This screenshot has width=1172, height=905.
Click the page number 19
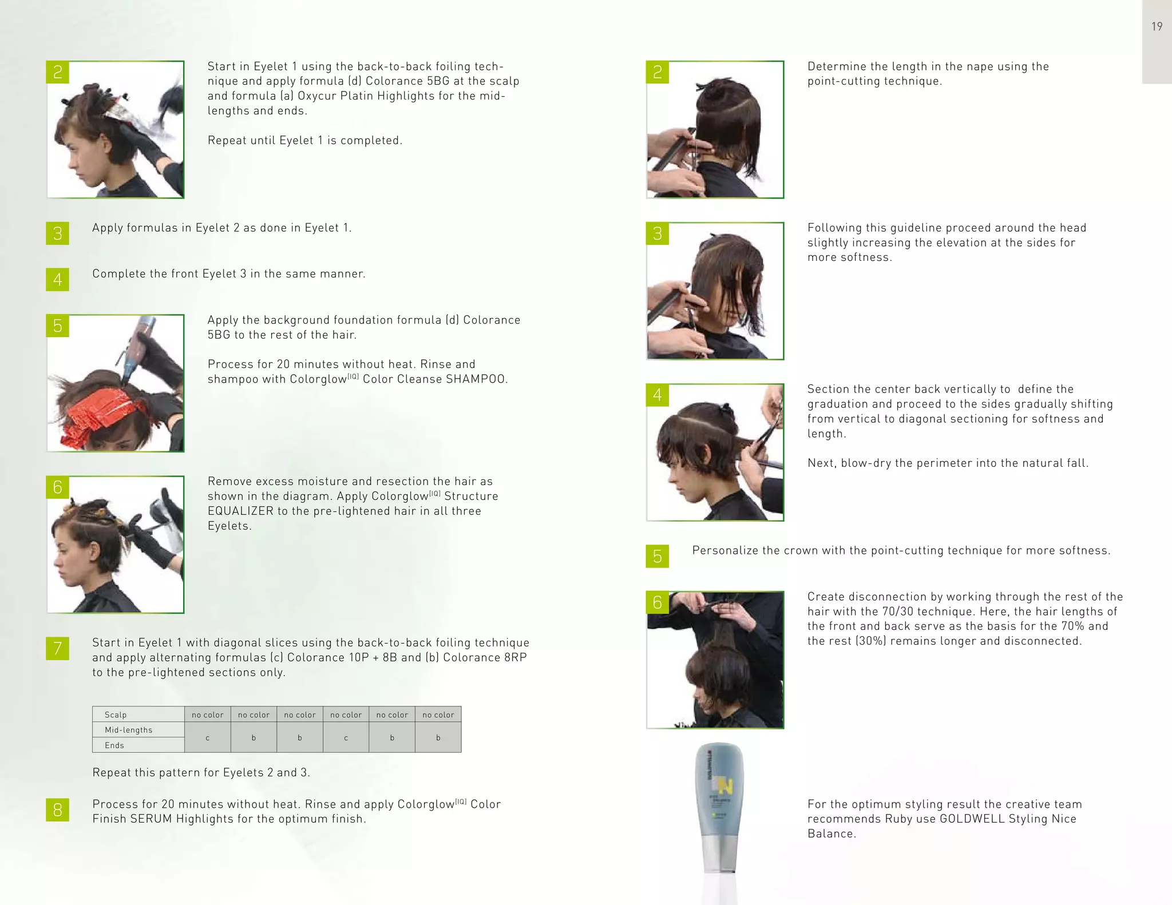pos(1157,26)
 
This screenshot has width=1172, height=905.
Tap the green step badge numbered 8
pos(57,809)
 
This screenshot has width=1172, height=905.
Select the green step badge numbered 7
pos(57,648)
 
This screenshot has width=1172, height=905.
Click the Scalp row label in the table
pos(116,715)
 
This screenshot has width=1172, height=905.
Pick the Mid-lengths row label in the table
pos(129,730)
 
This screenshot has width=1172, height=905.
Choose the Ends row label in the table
pos(114,745)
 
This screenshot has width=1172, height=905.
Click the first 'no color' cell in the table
pos(207,715)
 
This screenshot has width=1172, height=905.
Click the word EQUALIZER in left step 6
pos(240,511)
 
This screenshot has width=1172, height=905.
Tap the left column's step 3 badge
pos(57,233)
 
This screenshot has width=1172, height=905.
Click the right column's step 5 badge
pos(657,556)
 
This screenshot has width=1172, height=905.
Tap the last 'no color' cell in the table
pos(438,715)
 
